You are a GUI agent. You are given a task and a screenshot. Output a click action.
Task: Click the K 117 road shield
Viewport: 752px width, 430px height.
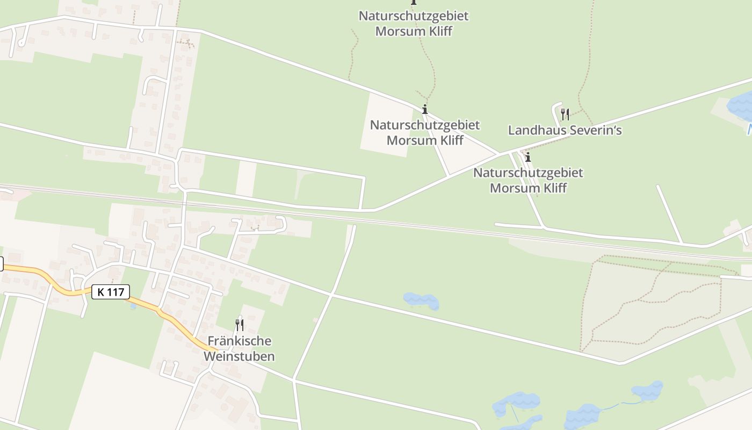111,292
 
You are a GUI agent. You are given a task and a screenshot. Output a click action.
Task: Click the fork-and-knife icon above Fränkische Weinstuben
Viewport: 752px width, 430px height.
240,325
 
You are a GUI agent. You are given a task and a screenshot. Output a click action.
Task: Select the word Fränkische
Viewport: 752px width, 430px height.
240,341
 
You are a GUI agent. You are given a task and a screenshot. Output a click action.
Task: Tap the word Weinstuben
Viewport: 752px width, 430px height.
240,356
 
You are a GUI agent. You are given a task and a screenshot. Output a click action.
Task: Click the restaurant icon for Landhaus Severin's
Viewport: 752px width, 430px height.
565,114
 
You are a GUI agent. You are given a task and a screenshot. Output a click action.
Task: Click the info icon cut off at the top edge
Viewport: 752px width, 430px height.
414,2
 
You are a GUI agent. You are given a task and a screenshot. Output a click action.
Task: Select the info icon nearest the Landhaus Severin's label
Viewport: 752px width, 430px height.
528,157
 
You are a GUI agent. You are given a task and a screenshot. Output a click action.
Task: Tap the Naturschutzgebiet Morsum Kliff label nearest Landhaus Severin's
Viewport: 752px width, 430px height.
528,180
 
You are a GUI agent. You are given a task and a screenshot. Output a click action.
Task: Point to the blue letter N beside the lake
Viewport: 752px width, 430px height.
749,129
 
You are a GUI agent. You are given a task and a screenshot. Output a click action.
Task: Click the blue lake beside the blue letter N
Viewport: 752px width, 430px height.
741,105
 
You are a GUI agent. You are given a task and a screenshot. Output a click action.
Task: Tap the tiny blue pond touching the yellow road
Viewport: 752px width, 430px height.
133,306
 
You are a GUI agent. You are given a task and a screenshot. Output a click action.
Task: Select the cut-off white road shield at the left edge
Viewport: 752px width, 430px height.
1,264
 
